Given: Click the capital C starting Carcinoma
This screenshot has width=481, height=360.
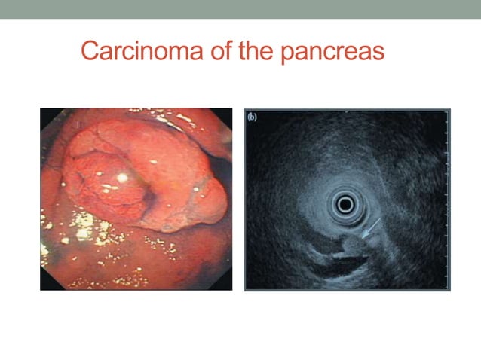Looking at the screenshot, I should (x=90, y=52).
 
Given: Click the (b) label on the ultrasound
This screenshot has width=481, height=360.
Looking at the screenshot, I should (x=253, y=117).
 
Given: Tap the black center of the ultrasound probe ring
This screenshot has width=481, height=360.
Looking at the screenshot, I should (x=346, y=203).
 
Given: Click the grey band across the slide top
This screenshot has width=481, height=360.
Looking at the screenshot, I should (x=240, y=9).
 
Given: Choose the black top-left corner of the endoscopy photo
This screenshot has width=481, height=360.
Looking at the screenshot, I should (x=44, y=113).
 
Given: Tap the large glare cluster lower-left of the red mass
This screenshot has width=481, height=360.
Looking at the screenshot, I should (x=84, y=224).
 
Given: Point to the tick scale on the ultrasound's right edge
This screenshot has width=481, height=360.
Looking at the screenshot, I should (x=446, y=196).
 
